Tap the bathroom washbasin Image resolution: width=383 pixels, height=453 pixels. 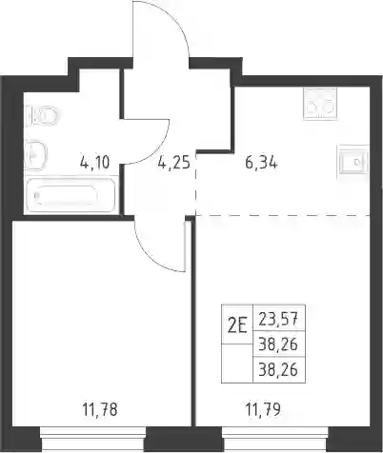click(x=35, y=155)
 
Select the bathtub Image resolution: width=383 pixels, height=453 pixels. click(x=71, y=195)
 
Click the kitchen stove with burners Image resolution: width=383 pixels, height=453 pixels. click(x=320, y=104)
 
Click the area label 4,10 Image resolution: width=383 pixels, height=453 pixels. click(x=95, y=163)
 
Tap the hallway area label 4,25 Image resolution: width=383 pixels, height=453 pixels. click(x=174, y=163)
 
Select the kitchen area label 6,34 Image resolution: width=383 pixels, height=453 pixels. click(x=261, y=163)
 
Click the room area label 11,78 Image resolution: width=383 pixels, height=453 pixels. click(x=100, y=409)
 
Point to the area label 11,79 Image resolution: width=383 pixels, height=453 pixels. click(x=263, y=409)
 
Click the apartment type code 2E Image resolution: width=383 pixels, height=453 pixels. click(x=237, y=326)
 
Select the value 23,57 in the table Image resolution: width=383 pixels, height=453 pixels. click(x=278, y=319)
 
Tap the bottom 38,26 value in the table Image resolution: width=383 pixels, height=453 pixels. click(x=278, y=369)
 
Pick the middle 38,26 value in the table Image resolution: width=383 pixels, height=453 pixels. click(x=278, y=345)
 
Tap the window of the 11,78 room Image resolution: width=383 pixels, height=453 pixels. click(x=92, y=439)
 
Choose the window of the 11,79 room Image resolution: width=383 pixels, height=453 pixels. click(x=274, y=439)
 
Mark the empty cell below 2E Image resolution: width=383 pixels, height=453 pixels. click(x=237, y=364)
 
